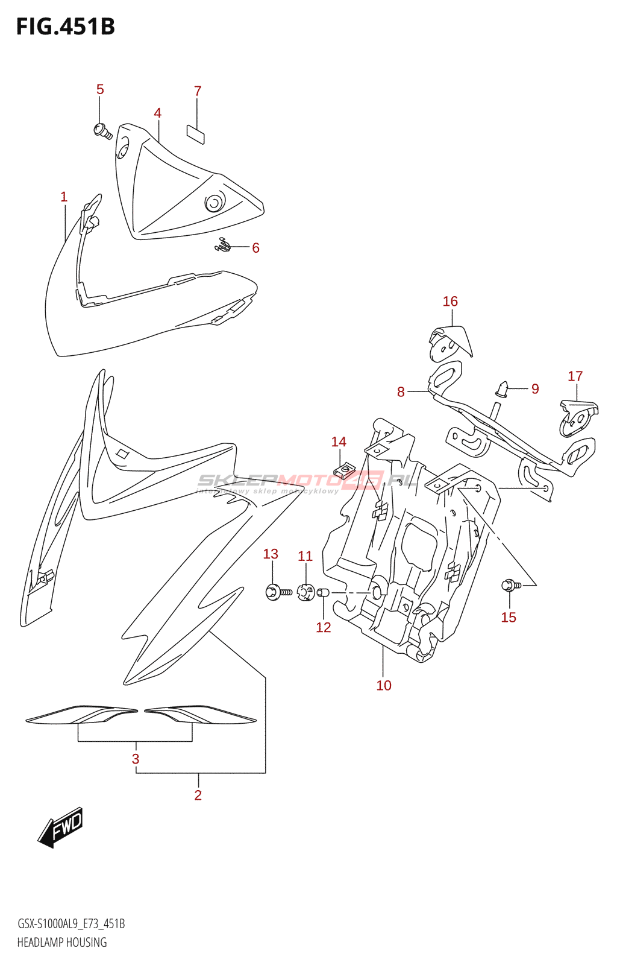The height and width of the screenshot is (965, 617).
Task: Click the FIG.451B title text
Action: click(x=65, y=27)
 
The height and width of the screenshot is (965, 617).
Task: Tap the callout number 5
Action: click(x=100, y=89)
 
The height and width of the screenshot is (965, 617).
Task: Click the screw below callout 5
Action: click(x=102, y=130)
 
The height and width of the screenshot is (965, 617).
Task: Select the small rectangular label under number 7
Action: click(x=195, y=134)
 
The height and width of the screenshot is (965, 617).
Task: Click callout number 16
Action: click(x=450, y=302)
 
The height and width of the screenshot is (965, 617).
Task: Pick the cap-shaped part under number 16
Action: click(x=450, y=342)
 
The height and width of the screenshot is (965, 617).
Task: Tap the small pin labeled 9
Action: click(x=503, y=388)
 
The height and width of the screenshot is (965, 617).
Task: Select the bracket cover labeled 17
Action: click(x=578, y=416)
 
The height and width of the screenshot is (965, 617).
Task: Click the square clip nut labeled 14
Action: click(x=344, y=470)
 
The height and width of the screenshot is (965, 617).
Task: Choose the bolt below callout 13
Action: click(x=277, y=592)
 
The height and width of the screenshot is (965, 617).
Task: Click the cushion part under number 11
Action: click(x=306, y=592)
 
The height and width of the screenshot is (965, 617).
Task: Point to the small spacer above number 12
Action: click(x=324, y=592)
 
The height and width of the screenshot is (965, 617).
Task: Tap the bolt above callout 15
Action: click(x=510, y=584)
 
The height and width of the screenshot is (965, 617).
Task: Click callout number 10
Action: click(x=384, y=685)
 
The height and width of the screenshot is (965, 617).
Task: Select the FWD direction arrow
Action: click(x=61, y=827)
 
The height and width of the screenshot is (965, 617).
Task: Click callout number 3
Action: click(x=136, y=759)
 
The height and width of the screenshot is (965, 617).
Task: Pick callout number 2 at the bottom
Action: click(x=198, y=795)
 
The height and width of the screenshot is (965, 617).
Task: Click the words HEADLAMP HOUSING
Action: click(x=62, y=942)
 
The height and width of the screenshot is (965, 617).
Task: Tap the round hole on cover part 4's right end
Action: click(x=214, y=203)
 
